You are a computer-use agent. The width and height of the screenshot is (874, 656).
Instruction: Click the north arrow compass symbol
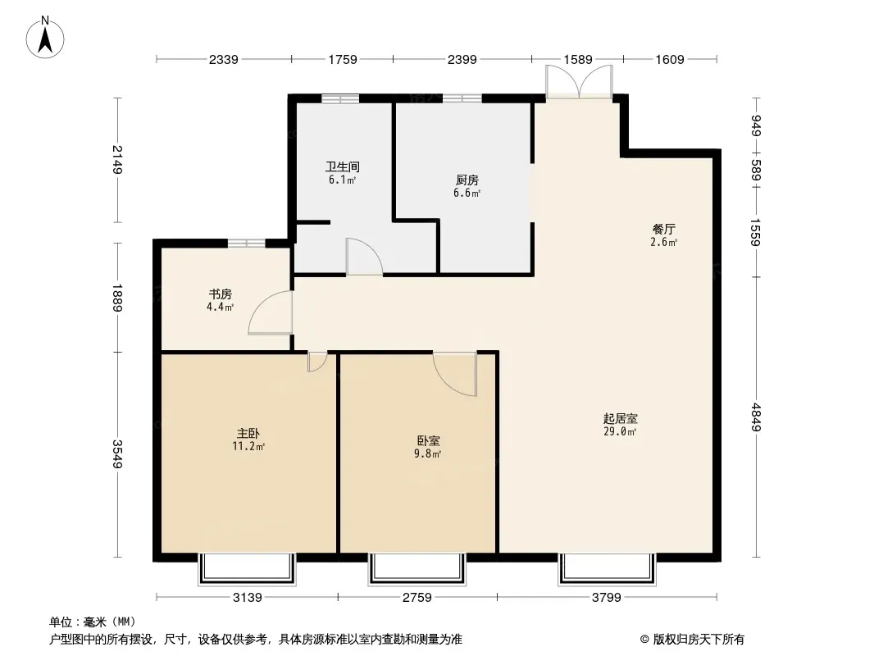click(45, 38)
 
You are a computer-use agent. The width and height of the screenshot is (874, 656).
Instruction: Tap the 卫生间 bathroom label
click(342, 166)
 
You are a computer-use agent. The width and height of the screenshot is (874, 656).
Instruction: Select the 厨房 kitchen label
click(467, 180)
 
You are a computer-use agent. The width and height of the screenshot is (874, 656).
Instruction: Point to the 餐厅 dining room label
click(664, 229)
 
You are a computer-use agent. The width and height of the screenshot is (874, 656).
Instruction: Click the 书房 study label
click(221, 294)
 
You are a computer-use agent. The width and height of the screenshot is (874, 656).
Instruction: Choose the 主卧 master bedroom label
click(248, 433)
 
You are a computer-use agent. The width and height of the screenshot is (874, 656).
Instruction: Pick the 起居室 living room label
click(621, 418)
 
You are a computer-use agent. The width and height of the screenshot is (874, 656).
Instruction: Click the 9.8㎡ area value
click(427, 453)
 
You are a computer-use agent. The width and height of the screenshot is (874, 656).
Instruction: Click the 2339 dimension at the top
click(224, 59)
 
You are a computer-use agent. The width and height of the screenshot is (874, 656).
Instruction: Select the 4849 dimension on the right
click(756, 417)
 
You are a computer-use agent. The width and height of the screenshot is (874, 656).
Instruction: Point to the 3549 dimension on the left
click(117, 453)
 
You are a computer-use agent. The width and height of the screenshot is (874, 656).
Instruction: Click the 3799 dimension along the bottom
click(607, 598)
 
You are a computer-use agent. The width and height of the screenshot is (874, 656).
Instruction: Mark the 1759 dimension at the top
click(342, 59)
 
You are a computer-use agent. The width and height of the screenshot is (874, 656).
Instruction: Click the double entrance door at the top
click(579, 82)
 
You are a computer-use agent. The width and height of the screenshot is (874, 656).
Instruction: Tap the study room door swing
click(271, 312)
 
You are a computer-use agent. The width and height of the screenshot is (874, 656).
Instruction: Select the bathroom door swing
click(364, 257)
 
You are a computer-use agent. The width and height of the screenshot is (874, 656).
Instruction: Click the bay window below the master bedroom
click(247, 569)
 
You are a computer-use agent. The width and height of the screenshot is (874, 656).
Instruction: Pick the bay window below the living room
click(607, 569)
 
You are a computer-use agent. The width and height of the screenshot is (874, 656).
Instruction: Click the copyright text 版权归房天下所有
click(698, 640)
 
